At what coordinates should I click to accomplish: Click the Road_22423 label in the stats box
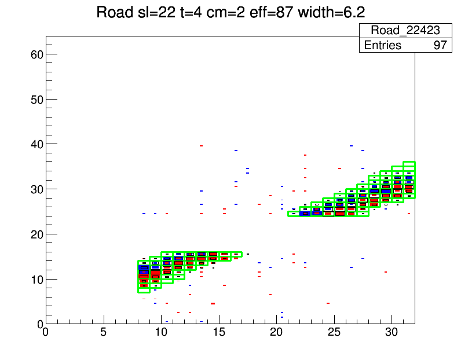click(405, 31)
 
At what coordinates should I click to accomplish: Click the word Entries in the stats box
click(382, 45)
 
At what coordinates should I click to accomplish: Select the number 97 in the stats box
click(441, 45)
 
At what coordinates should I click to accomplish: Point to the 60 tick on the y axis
click(36, 54)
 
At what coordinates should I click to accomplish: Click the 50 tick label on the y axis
click(36, 99)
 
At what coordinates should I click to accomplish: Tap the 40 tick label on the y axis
click(36, 144)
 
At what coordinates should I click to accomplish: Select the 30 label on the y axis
click(36, 189)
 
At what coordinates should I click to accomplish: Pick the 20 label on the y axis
click(36, 234)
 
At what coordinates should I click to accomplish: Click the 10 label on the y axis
click(36, 280)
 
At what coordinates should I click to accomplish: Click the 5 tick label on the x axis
click(104, 333)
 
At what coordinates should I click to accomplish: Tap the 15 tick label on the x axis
click(219, 333)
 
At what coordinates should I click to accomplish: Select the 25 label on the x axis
click(334, 333)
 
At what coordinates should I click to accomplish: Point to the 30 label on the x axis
click(392, 333)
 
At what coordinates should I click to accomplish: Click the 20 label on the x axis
click(277, 333)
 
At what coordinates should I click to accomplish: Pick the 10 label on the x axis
click(162, 333)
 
